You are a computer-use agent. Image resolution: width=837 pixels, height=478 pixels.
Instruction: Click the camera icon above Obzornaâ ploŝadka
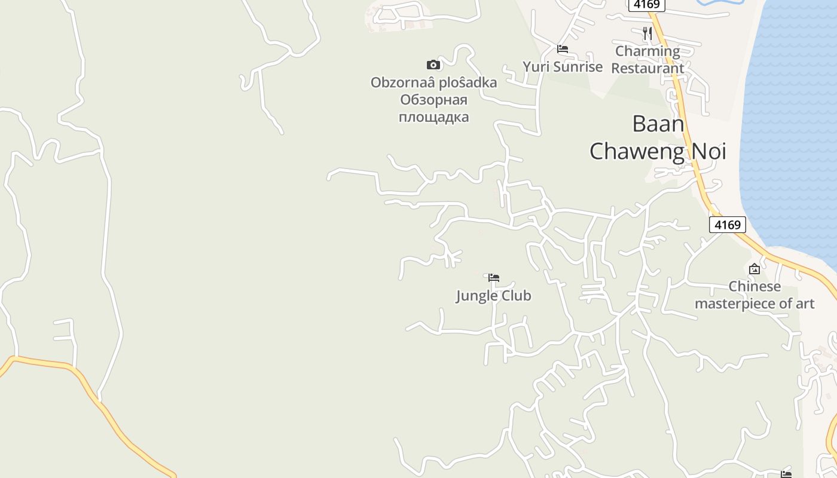(433, 65)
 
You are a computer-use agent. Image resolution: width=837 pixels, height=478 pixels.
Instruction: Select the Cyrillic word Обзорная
(433, 99)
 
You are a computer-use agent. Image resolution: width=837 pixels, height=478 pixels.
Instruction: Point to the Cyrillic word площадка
(433, 117)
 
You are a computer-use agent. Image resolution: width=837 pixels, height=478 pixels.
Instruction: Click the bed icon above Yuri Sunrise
(562, 49)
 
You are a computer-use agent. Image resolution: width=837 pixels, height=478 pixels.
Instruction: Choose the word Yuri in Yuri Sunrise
(536, 66)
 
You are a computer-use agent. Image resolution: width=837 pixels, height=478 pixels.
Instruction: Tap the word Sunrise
(577, 66)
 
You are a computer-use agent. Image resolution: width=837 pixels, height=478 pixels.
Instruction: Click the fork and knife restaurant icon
(647, 33)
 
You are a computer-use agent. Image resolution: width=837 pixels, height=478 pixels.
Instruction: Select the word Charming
(647, 51)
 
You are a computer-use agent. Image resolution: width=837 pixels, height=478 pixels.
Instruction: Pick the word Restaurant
(647, 68)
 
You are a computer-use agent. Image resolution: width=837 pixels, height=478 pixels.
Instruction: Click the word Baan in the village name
(658, 124)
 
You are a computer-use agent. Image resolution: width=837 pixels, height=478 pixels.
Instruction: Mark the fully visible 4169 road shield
(728, 225)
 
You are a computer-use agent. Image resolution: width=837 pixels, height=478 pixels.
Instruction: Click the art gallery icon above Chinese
(754, 269)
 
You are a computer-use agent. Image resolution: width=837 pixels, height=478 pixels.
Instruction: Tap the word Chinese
(754, 286)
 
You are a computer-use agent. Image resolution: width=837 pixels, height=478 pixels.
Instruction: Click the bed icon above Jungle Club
(494, 278)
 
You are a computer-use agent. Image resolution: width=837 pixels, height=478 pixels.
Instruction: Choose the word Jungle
(476, 296)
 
